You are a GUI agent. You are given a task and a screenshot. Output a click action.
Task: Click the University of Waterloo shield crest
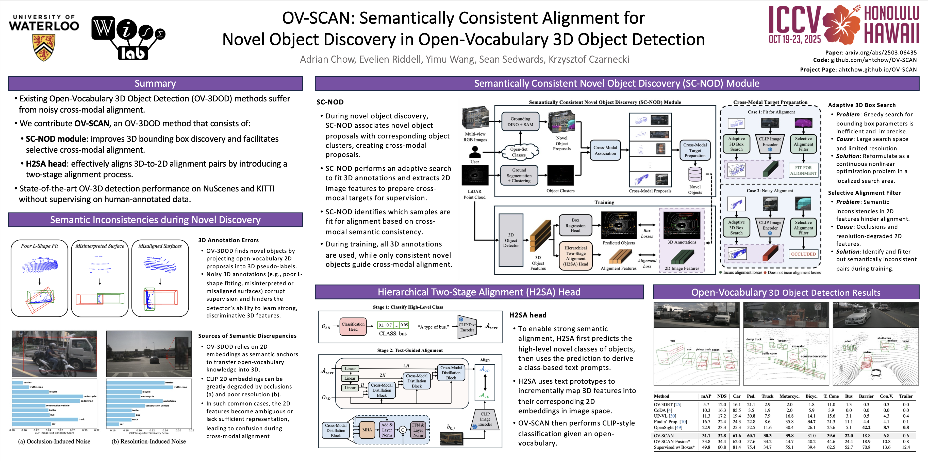pos(44,47)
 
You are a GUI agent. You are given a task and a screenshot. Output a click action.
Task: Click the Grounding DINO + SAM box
pos(520,122)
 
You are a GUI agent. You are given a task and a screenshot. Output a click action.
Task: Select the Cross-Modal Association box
pos(605,150)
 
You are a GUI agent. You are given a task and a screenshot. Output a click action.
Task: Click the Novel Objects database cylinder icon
pos(695,174)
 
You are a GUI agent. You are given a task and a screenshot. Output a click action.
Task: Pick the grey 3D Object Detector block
pos(511,240)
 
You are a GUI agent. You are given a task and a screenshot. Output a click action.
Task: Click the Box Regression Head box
pos(575,225)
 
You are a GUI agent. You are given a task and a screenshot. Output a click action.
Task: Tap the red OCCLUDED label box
pos(803,254)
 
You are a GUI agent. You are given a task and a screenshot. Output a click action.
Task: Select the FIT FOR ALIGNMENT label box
pos(803,170)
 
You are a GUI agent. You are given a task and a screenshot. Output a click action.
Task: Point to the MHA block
pos(367,430)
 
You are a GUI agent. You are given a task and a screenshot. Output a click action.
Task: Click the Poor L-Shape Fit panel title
pos(39,246)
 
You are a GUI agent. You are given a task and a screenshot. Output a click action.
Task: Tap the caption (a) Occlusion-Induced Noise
pos(54,441)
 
